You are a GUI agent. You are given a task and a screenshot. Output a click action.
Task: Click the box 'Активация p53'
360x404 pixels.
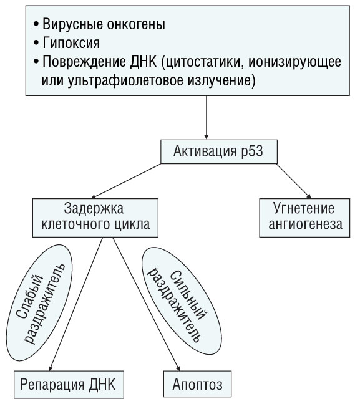[219, 151]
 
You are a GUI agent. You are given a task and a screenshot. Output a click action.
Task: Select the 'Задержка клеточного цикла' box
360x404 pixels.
[95, 218]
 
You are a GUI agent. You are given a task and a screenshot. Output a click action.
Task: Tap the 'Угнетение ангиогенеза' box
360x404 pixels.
[304, 218]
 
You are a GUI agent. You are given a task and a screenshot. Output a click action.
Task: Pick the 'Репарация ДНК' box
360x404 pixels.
[69, 385]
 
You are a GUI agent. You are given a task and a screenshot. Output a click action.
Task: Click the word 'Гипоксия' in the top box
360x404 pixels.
[71, 43]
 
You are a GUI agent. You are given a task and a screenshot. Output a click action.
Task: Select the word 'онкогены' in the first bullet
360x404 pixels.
[135, 24]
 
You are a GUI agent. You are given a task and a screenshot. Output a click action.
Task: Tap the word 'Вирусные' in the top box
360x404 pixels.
[72, 24]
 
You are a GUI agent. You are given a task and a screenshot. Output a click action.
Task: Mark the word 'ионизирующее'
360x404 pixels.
[294, 62]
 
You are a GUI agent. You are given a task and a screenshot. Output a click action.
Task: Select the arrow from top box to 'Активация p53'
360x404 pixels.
[206, 118]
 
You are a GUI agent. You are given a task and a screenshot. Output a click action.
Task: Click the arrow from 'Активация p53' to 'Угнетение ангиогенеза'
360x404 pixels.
[294, 181]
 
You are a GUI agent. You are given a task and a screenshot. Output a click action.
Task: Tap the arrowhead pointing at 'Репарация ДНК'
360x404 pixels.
[51, 368]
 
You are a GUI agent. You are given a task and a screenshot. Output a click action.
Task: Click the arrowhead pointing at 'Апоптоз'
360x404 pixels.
[178, 368]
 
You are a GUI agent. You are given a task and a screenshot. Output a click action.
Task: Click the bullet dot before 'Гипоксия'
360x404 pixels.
[36, 43]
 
